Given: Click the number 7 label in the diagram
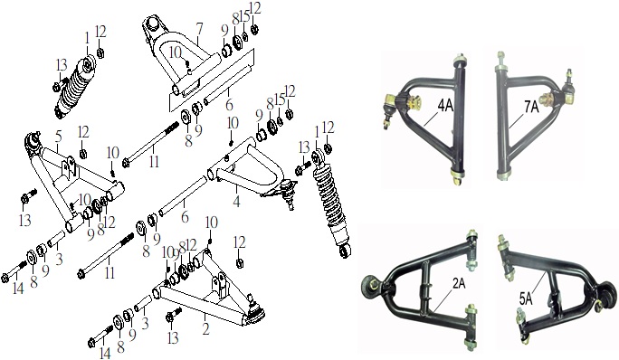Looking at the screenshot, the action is pos(198,29).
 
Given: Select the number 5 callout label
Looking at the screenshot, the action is pos(59,137).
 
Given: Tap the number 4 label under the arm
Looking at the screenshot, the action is pos(236,201).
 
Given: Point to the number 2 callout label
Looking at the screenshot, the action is pos(205,329).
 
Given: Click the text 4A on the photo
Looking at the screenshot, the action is pos(444,106).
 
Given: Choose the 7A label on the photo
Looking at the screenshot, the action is pos(531,107).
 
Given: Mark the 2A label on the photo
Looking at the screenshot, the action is pos(458,283).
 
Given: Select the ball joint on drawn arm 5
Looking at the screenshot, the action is pos(33,141).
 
